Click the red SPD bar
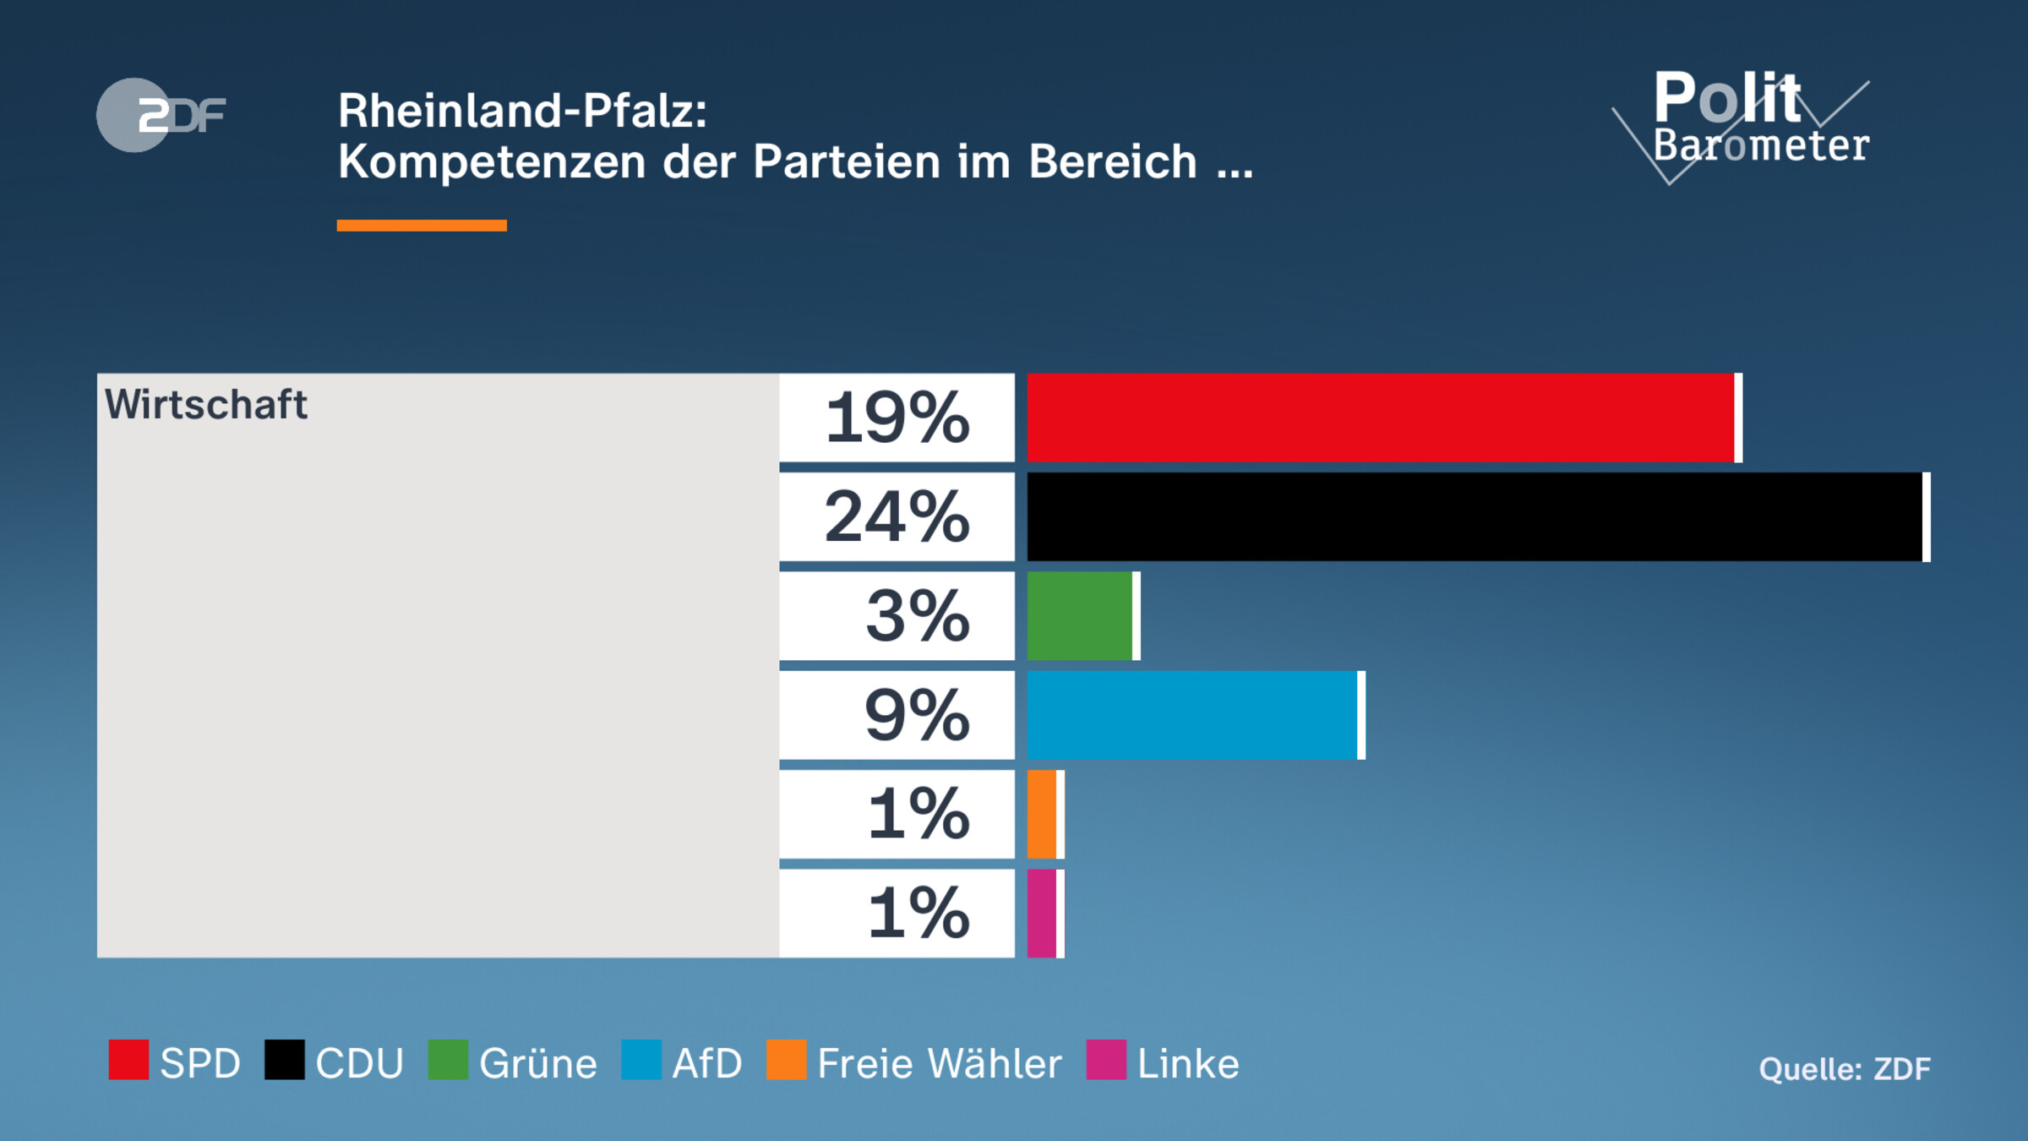click(x=1382, y=418)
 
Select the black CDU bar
click(x=1475, y=516)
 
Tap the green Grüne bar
click(x=1081, y=615)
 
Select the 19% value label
click(x=897, y=418)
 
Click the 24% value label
click(x=897, y=516)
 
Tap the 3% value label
click(x=917, y=615)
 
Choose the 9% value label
click(x=917, y=715)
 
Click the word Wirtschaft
click(x=205, y=404)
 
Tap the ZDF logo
click(x=161, y=115)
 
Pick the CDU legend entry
click(x=335, y=1062)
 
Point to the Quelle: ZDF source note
click(x=1845, y=1069)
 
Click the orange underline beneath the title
click(x=422, y=226)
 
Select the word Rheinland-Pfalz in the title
click(x=521, y=111)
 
